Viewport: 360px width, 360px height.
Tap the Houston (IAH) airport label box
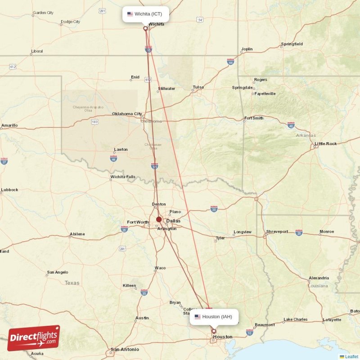214,317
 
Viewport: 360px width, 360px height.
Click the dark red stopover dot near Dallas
159,220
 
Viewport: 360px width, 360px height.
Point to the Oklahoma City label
127,114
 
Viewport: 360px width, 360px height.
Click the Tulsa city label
198,87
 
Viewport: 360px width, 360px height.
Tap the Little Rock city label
326,144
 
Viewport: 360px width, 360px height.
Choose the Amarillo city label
9,125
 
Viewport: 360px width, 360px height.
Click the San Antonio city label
125,349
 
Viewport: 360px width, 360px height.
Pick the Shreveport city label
277,231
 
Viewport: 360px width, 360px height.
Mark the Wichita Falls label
122,177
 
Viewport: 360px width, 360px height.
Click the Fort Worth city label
138,222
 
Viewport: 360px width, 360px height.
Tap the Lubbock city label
9,190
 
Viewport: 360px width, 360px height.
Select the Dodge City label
70,22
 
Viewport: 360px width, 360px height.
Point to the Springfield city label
292,44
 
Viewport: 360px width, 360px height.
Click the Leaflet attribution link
351,357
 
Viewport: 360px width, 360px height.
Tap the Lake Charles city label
295,319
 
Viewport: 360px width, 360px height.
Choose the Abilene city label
77,234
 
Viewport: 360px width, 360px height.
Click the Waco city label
160,268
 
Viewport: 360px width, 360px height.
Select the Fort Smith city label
253,118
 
